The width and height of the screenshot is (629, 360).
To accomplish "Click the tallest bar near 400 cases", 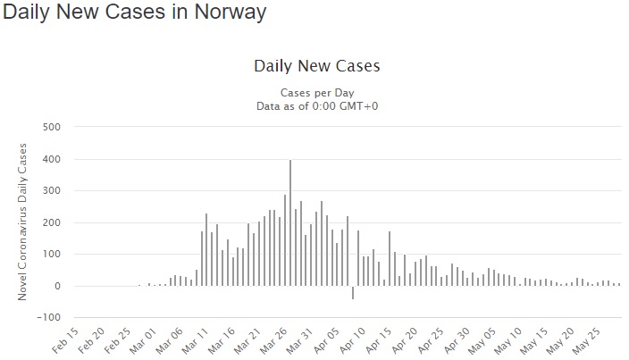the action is [290, 223].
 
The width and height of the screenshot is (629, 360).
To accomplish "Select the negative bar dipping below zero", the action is [353, 293].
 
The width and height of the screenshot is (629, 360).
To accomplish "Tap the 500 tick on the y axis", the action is [51, 127].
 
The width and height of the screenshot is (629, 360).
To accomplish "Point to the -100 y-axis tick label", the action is [48, 317].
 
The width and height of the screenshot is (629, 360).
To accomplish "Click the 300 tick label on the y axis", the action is [51, 191].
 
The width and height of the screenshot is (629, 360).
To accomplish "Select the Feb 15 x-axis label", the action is [65, 340].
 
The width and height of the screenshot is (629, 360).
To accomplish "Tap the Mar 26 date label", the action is [273, 340].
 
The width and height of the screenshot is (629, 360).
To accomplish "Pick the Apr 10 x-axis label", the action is [352, 340].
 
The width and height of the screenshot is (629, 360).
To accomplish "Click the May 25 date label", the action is [586, 340].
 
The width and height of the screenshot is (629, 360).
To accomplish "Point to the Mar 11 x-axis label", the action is [195, 340].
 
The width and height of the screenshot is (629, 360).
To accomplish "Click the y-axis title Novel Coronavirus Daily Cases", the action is [22, 222].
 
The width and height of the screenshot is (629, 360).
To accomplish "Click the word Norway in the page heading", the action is [231, 12].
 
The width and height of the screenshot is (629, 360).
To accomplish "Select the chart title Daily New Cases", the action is [317, 66].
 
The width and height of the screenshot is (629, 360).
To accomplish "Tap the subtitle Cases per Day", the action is [317, 93].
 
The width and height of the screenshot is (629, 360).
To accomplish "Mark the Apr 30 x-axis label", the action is [456, 340].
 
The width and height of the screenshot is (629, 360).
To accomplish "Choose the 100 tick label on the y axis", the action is [51, 255].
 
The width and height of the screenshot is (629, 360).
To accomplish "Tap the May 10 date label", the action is [508, 340].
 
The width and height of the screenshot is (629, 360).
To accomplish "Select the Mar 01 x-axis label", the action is [143, 340].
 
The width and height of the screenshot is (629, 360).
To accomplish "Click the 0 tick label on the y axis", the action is [58, 286].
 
